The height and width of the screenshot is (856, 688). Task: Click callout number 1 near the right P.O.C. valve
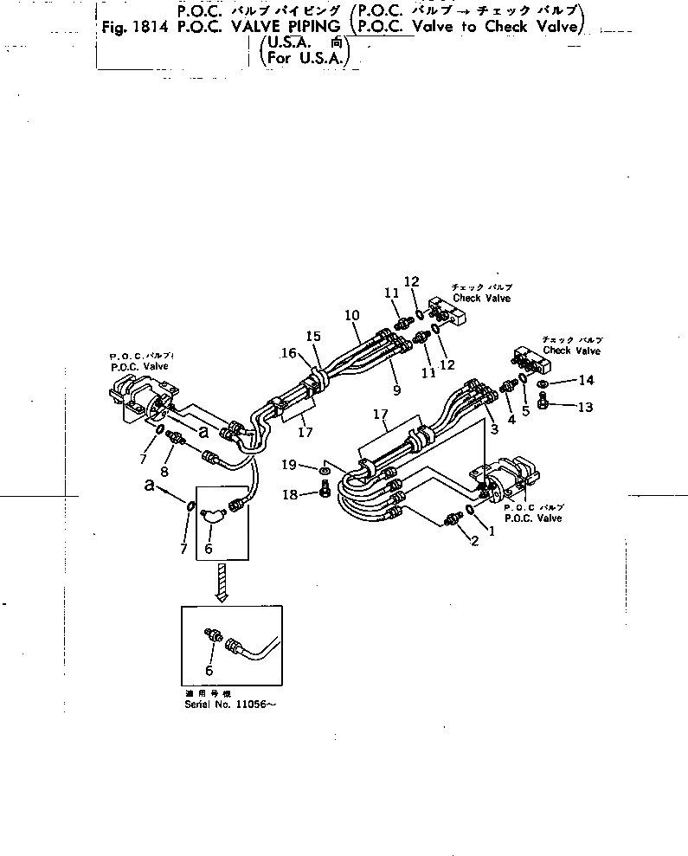492,531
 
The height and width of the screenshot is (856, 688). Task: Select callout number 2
473,543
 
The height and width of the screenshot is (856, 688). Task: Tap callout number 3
494,429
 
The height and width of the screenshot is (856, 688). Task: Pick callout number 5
524,411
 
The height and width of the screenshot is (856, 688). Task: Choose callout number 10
351,317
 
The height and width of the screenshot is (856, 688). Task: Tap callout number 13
587,407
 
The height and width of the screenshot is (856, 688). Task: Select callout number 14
587,380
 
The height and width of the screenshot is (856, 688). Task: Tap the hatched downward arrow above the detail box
221,582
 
